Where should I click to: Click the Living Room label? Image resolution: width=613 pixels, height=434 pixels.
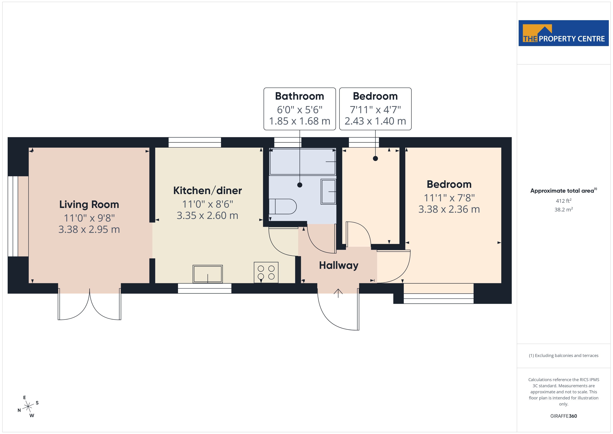coord(89,204)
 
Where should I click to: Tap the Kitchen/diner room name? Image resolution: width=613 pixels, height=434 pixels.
coord(207,191)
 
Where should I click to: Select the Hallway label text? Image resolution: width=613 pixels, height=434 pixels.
coord(338,265)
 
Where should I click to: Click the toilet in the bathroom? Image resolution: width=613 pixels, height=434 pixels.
coord(283,206)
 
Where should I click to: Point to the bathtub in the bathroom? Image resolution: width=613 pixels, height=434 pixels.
coord(303,161)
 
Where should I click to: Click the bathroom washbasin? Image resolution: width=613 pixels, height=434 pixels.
coord(328,192)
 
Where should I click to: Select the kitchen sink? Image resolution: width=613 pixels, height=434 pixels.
coord(207,274)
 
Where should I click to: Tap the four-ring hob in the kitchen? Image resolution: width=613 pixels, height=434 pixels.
coord(266,272)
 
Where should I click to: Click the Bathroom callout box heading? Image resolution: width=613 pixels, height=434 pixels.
coord(300,96)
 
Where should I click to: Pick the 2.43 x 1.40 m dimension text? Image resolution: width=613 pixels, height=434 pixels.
coord(375,121)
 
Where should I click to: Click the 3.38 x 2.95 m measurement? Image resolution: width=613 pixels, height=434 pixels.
coord(89,229)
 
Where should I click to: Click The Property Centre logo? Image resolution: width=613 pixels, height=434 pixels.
coord(563,33)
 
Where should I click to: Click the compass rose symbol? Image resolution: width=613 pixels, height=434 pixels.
coord(28,407)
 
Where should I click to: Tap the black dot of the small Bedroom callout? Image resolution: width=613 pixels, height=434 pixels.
coord(375,158)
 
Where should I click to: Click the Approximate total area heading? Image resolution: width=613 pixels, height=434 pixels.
coord(563,191)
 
